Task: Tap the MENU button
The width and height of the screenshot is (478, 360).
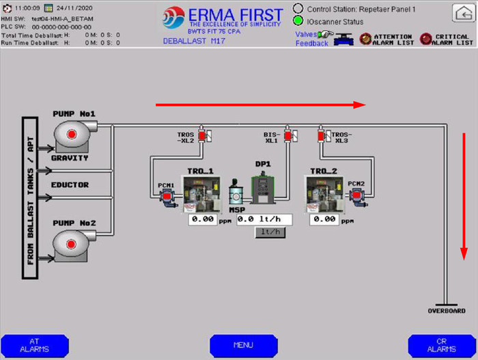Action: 243,345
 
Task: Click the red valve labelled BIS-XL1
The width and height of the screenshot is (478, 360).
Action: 287,136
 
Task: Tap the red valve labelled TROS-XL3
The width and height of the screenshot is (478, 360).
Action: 321,136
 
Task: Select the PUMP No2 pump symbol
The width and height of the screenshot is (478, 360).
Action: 71,243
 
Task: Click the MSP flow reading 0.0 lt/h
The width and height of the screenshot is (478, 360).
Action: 264,220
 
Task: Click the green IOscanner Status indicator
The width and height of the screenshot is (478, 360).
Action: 298,21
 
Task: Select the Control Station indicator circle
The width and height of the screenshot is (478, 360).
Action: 298,9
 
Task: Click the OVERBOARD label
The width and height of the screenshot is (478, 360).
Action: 446,311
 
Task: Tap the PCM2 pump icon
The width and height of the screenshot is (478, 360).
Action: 356,197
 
